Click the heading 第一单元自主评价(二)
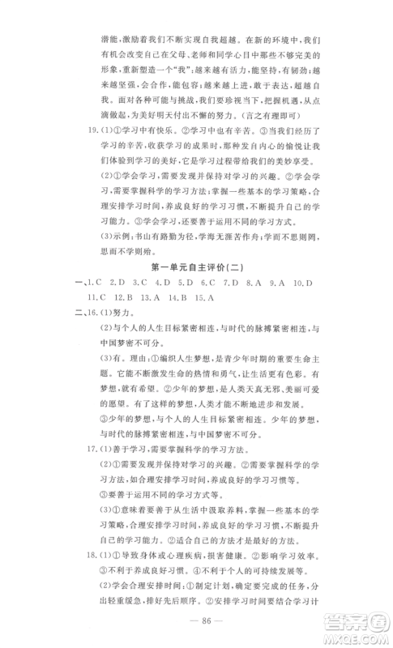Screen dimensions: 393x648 (x=197, y=266)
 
